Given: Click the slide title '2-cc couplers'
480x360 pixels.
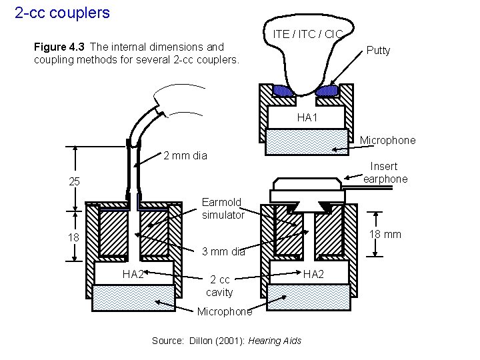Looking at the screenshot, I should point(62,12).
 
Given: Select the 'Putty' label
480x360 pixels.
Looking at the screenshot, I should point(377,51).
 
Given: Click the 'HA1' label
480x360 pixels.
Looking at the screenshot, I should point(307,117).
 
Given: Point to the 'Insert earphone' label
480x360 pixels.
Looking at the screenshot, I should point(384,173).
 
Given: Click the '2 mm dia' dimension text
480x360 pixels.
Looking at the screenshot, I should point(185,156).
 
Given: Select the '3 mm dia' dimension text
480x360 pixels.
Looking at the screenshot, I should point(223,252).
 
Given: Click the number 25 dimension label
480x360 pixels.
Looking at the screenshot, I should point(75,182).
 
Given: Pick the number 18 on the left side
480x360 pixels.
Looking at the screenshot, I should point(75,239).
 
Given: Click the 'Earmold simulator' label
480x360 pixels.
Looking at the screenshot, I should point(223,208).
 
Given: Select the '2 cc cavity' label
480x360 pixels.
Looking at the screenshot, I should point(219,286).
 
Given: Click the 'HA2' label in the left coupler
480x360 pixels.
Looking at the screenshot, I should point(133,273).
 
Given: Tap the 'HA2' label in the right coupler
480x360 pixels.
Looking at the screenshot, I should point(315,273).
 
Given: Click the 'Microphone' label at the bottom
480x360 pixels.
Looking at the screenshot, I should point(225,311).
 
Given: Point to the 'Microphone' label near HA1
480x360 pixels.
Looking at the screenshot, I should point(387,140).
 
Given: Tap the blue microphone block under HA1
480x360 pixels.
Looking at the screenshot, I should point(307,141).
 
